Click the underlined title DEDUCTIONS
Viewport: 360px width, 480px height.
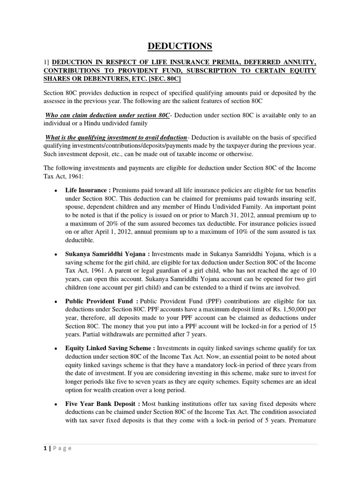[x=180, y=46]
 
